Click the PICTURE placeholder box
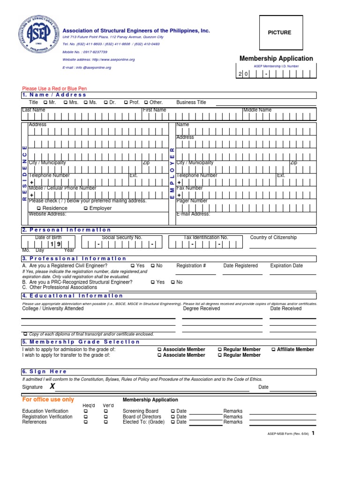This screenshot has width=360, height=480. point(279,32)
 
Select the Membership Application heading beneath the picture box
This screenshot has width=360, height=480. point(276,59)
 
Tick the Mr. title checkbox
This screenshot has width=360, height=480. point(45,102)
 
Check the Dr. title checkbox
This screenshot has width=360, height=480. point(106,102)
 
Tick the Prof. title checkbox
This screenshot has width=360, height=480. point(126,102)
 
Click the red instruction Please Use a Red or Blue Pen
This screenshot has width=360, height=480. point(54,89)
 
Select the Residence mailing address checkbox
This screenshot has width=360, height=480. point(39,208)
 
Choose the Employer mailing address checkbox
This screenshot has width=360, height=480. point(86,208)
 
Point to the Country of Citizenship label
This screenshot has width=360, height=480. point(273,238)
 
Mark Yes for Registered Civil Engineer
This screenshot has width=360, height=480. point(133,266)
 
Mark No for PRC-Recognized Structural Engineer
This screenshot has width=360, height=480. point(173,282)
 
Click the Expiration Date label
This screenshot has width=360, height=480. point(286,266)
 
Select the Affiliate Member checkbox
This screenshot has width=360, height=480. point(274,349)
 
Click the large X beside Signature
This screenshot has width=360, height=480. point(52,387)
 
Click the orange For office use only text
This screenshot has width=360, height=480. point(48,400)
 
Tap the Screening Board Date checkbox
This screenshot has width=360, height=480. point(173,411)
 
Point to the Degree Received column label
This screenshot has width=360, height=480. point(201,309)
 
